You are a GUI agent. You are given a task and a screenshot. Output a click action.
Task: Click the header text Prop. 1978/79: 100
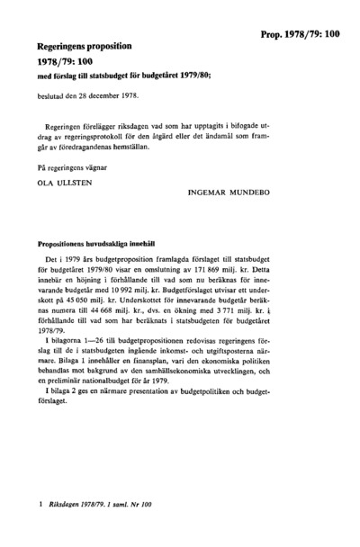coord(300,33)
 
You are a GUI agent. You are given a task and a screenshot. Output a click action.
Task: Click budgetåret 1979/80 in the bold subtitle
coord(177,76)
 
